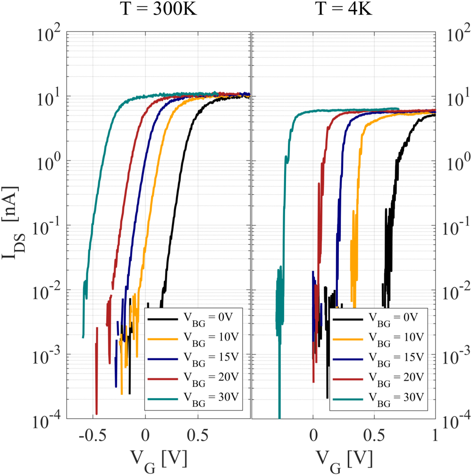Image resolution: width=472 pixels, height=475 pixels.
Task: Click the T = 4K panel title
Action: pyautogui.click(x=344, y=11)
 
